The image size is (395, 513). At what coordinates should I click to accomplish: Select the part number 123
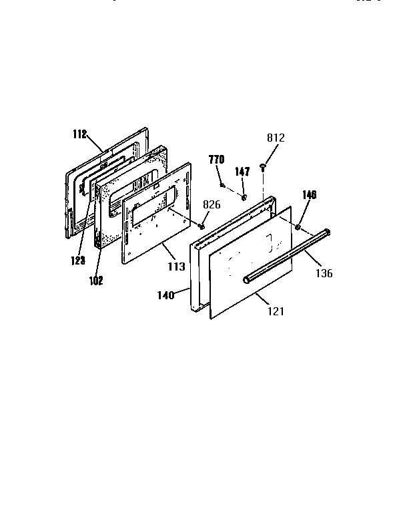click(x=78, y=261)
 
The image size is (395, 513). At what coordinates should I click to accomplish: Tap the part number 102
click(x=95, y=281)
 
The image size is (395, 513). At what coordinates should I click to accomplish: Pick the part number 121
click(x=276, y=311)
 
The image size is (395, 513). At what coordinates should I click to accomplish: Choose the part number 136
click(x=323, y=273)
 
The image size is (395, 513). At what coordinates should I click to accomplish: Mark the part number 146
click(x=309, y=195)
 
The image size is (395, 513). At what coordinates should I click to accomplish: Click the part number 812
click(x=276, y=138)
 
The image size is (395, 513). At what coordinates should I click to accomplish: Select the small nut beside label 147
click(x=245, y=196)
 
